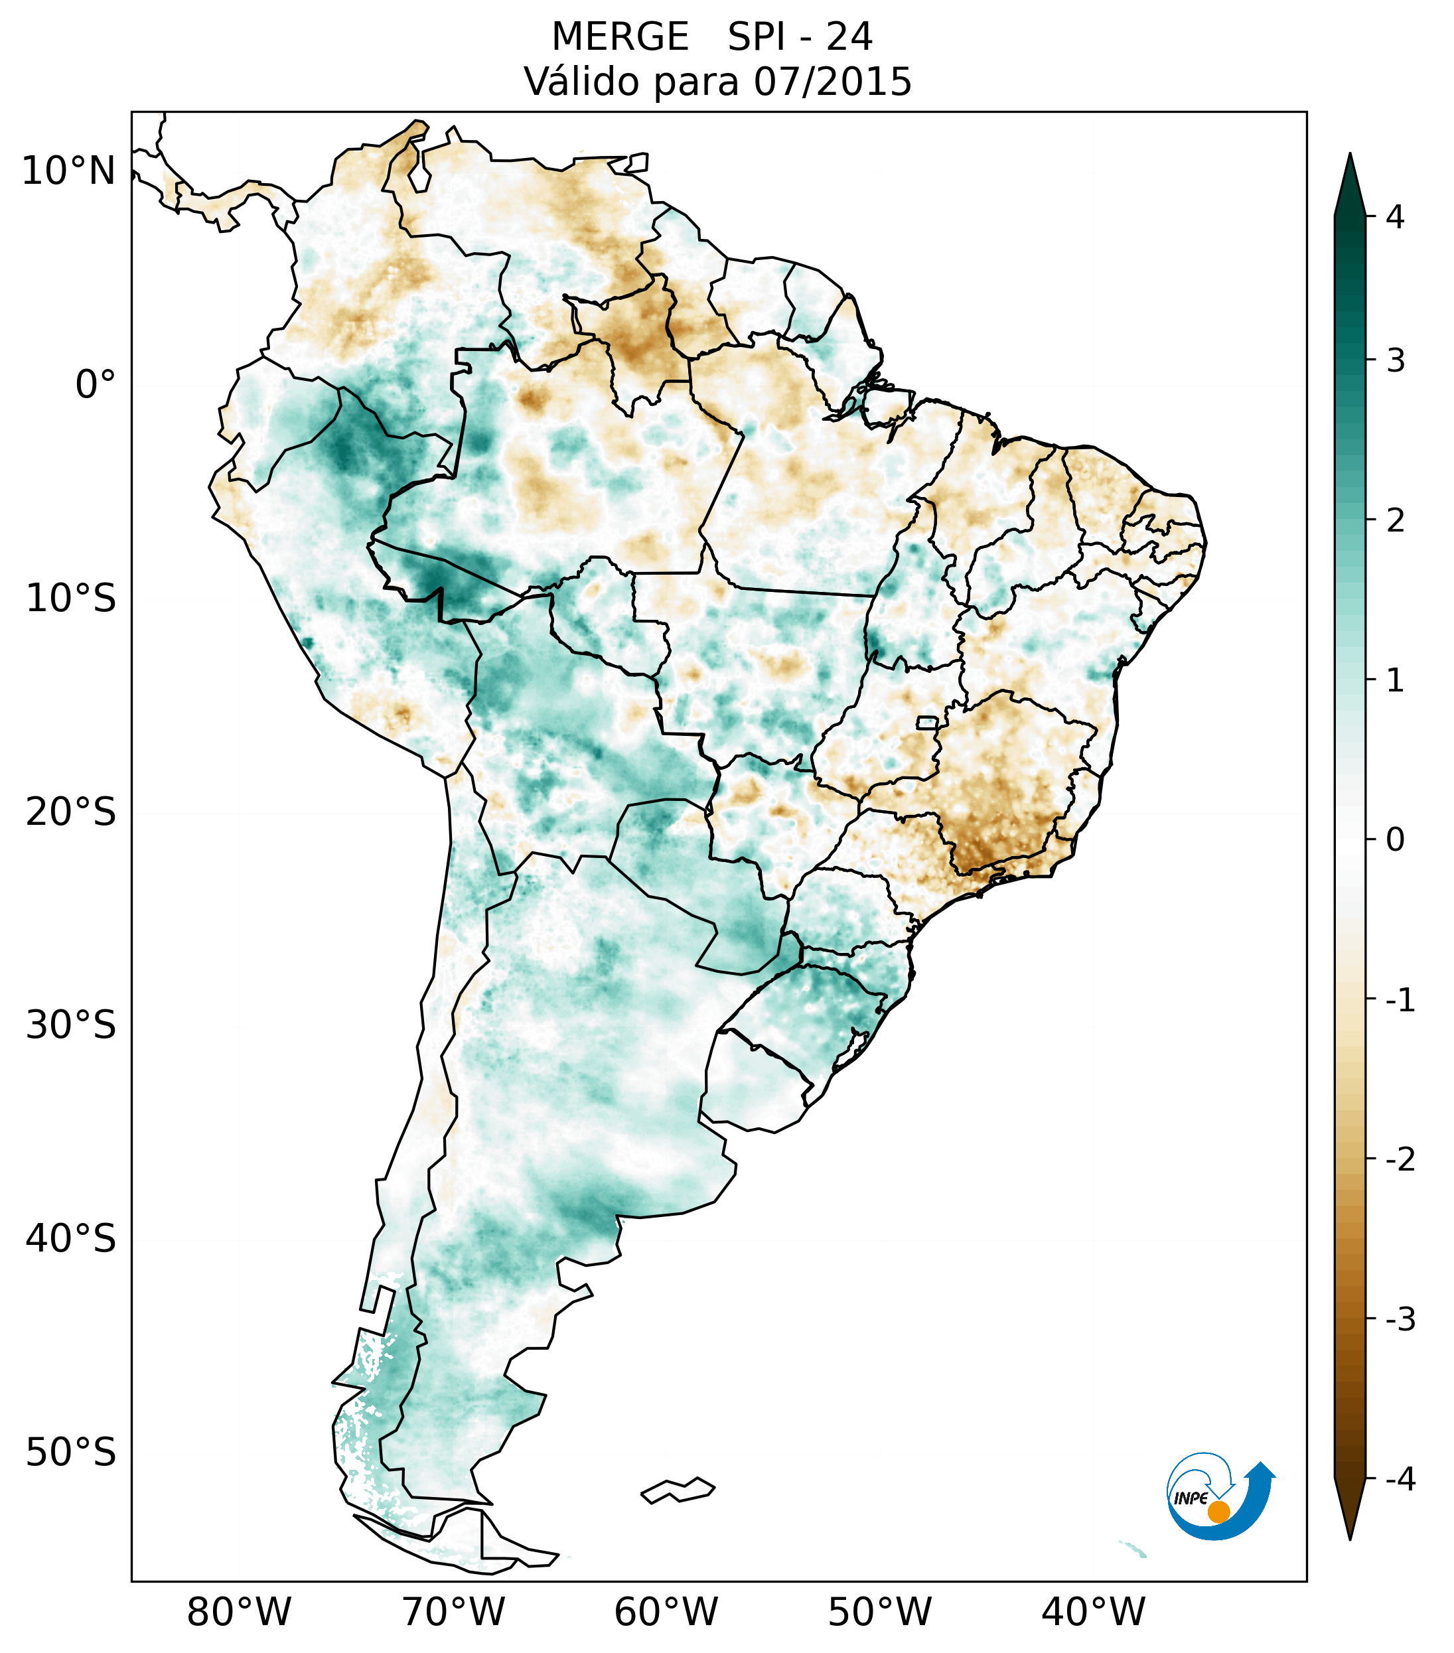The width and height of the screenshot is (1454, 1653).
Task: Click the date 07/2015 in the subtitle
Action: (832, 82)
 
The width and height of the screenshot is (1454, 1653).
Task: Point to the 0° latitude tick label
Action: (96, 384)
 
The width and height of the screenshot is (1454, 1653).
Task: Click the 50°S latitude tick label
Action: (70, 1452)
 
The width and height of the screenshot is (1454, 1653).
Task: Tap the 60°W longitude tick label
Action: (666, 1612)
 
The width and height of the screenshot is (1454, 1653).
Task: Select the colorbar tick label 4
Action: (1395, 217)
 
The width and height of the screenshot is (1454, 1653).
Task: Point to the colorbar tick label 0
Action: (1395, 839)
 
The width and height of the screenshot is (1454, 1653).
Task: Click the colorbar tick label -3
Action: (1400, 1319)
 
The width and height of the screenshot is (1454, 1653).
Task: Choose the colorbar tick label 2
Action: (1395, 521)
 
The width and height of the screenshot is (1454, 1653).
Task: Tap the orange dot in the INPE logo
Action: (1218, 1511)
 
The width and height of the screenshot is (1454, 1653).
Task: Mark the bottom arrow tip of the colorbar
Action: (1349, 1538)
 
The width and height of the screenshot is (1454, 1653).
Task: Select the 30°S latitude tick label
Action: (70, 1025)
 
